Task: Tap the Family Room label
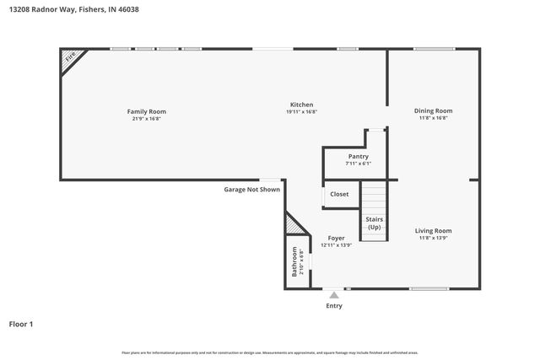[x=146, y=111]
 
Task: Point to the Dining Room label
[x=433, y=110]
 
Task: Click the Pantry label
[x=358, y=156]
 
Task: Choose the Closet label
[x=339, y=194]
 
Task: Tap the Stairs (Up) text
[x=374, y=223]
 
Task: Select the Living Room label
[x=433, y=230]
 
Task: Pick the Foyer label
[x=336, y=239]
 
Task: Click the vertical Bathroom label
[x=294, y=261]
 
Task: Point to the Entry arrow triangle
[x=334, y=295]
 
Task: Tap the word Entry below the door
[x=334, y=305]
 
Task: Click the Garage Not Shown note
[x=251, y=190]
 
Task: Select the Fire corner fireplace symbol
[x=71, y=56]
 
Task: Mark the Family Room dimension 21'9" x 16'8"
[x=146, y=118]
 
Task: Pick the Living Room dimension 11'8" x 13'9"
[x=433, y=238]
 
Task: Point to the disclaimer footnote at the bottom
[x=269, y=352]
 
